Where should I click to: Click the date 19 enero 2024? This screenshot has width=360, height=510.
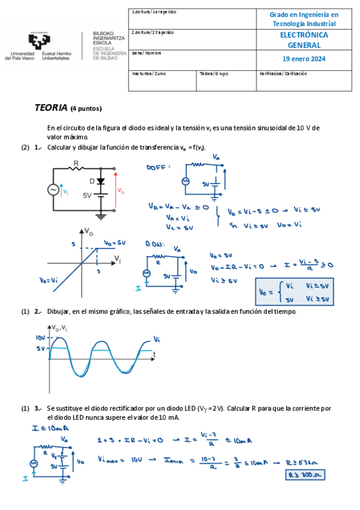pyautogui.click(x=304, y=59)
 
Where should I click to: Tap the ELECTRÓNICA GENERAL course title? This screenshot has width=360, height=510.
pyautogui.click(x=304, y=40)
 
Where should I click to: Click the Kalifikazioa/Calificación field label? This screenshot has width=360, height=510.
pyautogui.click(x=283, y=74)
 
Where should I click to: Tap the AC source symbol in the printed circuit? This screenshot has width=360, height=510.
pyautogui.click(x=53, y=189)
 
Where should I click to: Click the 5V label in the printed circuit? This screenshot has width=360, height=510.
pyautogui.click(x=87, y=195)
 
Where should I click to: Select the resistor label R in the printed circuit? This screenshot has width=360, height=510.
pyautogui.click(x=76, y=162)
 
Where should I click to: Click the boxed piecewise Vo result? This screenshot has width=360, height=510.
pyautogui.click(x=294, y=292)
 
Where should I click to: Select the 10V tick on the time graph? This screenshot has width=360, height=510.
pyautogui.click(x=40, y=338)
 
